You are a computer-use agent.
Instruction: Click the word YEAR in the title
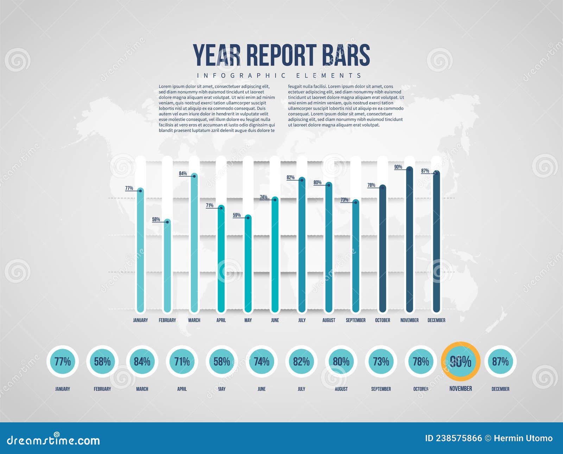216,55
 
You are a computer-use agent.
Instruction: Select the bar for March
194,243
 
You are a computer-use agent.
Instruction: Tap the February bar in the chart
167,266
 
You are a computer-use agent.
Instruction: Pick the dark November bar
409,239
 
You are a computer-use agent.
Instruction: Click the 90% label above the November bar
398,167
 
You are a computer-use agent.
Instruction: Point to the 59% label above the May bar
237,215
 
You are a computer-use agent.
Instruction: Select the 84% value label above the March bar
183,174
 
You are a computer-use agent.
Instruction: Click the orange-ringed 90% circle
461,361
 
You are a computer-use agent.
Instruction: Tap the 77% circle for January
63,361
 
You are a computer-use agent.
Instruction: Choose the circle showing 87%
500,361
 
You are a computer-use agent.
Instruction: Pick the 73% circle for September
381,361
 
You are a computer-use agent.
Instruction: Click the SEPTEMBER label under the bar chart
355,320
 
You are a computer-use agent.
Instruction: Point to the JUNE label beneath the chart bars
275,320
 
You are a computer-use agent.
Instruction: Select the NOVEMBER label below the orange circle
461,389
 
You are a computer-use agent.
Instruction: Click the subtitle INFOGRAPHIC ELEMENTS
279,76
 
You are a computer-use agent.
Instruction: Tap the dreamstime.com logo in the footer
53,440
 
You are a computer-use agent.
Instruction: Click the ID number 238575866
458,438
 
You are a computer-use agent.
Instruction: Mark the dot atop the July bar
302,180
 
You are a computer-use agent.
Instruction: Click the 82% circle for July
302,361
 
